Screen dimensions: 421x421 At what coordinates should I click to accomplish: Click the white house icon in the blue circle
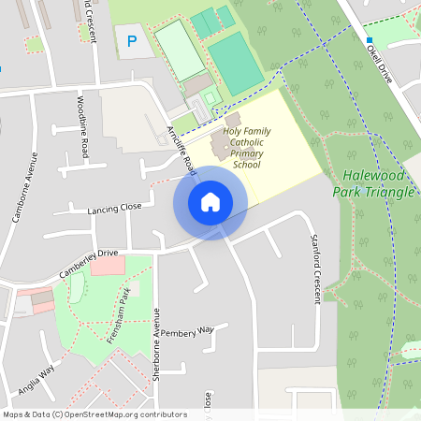210,201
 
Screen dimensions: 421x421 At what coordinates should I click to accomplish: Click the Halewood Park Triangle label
378,183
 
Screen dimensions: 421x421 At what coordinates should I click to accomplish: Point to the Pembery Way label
187,331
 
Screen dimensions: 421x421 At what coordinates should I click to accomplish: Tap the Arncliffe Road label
181,150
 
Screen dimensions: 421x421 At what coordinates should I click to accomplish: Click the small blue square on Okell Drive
370,40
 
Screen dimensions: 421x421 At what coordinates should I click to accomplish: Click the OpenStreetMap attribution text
94,414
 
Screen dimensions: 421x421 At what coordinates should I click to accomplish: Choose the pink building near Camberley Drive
107,266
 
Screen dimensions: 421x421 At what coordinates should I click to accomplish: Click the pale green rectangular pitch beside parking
179,49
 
